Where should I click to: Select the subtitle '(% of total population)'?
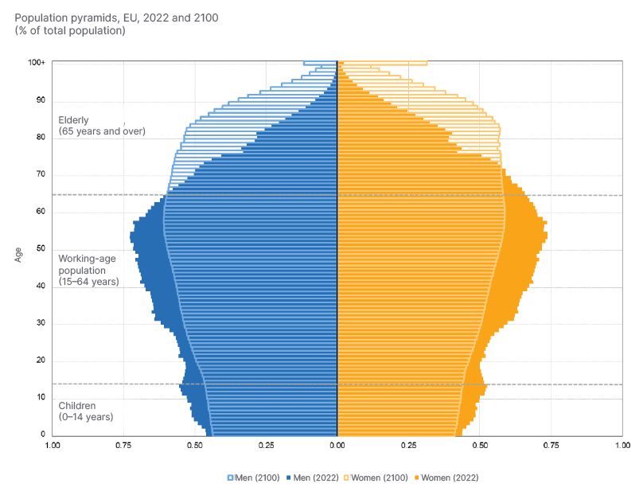coord(69,30)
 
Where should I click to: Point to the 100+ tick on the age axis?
coord(37,63)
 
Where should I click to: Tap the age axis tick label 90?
coord(40,100)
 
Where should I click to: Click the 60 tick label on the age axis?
coord(40,212)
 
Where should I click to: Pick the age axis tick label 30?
coord(40,323)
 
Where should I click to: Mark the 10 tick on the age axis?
coord(40,397)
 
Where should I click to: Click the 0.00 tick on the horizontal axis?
coord(337,446)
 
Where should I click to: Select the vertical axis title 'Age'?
coord(18,255)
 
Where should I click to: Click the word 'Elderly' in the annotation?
coord(74,120)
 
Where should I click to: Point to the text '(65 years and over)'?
coord(102,131)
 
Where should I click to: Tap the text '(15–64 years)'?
coord(88,282)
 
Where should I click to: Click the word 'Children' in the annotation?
coord(77,405)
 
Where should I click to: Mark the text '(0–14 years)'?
coord(86,416)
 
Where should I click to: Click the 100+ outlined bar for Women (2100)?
coord(382,63)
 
